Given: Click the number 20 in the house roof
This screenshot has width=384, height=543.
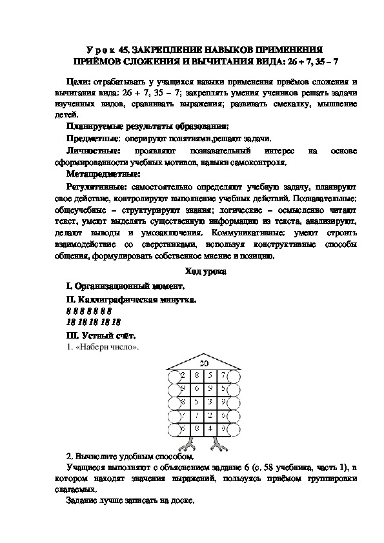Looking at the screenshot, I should tap(205, 363).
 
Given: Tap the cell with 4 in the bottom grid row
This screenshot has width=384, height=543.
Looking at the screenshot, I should tap(210, 428).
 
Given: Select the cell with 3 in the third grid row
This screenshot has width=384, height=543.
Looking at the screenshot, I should tap(210, 401).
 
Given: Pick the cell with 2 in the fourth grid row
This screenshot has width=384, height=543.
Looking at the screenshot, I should tap(210, 415).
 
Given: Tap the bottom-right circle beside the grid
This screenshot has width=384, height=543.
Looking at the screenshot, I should tap(236, 429).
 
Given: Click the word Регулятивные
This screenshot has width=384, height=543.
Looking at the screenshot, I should tap(96, 186).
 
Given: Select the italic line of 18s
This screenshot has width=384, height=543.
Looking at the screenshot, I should tap(94, 321).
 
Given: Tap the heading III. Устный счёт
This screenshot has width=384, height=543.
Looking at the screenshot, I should tap(101, 335).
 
